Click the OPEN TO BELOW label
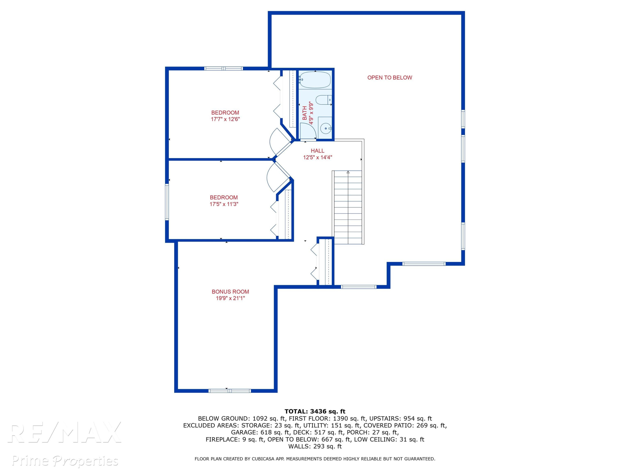tap(390, 78)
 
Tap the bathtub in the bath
tap(315, 80)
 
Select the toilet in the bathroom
tap(324, 100)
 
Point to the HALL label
tap(318, 151)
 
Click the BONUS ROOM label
tap(230, 292)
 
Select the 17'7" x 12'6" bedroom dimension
tap(225, 119)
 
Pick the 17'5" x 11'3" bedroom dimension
tap(224, 204)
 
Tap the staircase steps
tap(348, 207)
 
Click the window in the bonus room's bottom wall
tap(230, 391)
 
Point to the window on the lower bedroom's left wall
tap(167, 202)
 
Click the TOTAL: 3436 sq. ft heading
tap(315, 411)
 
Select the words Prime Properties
tap(65, 461)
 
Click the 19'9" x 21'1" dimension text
tap(230, 298)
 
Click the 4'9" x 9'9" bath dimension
tap(311, 113)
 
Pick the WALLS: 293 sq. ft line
tap(315, 446)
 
